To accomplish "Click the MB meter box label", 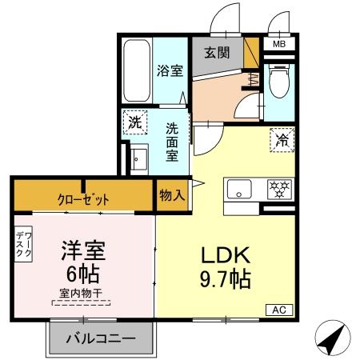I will click(x=279, y=44).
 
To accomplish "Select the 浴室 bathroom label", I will click(x=170, y=70).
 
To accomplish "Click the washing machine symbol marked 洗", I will click(x=135, y=124).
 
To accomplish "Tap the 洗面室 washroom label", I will click(x=172, y=141).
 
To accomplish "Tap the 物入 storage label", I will click(x=172, y=194).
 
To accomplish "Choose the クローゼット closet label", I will click(x=83, y=198).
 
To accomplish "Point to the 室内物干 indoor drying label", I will click(x=82, y=295).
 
